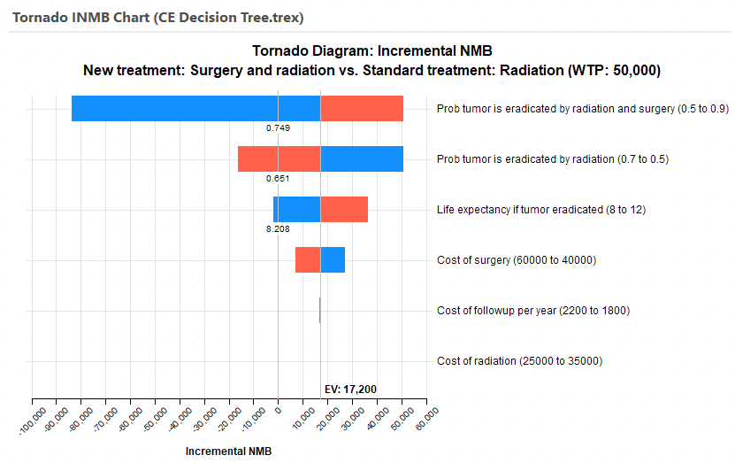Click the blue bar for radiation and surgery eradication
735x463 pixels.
click(x=195, y=108)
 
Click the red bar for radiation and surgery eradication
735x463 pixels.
click(x=362, y=108)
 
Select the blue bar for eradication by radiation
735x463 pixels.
click(x=362, y=158)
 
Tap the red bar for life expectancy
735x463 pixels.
click(x=344, y=209)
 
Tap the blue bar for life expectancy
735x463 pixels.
click(x=296, y=209)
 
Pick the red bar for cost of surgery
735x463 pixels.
click(x=308, y=260)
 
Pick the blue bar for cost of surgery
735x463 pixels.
click(x=333, y=260)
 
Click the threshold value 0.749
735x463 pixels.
click(x=279, y=127)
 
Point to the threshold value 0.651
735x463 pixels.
click(x=279, y=178)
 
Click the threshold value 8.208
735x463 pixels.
click(x=279, y=228)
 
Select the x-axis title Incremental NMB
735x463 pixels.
click(x=228, y=451)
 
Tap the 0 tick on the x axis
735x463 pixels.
click(x=278, y=409)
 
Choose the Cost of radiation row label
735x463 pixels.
click(x=519, y=361)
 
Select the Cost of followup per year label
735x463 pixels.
click(x=533, y=311)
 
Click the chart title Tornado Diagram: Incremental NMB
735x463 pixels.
click(x=366, y=50)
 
